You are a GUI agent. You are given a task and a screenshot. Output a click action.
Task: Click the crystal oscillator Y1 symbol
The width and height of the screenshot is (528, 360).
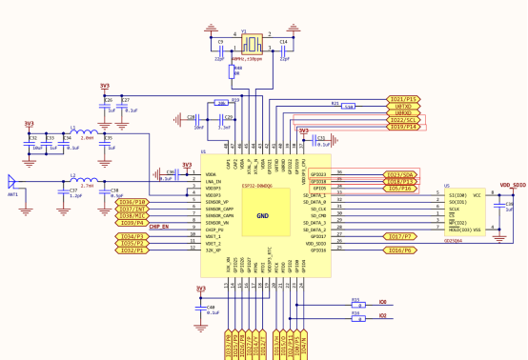tap(254, 42)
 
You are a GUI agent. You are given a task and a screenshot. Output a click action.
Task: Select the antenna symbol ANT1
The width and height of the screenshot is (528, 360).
tap(11, 181)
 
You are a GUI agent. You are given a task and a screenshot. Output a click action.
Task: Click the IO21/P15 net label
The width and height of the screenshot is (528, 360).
tap(403, 99)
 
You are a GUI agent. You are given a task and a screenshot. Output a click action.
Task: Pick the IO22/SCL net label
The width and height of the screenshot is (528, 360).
tap(403, 119)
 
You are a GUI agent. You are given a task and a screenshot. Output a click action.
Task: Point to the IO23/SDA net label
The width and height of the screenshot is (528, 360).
tap(400, 175)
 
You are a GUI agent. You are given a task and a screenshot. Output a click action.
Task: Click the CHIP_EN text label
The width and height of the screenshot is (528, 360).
tap(158, 227)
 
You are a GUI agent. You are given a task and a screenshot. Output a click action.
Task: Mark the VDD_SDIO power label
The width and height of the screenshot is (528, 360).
tap(511, 185)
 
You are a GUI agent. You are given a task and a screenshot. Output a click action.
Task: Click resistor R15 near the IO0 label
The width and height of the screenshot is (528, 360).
tap(356, 302)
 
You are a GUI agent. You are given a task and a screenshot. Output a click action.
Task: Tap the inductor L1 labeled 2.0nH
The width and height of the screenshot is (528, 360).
tap(86, 132)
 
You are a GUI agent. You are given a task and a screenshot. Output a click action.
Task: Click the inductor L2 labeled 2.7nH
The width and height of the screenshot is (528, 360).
tap(86, 180)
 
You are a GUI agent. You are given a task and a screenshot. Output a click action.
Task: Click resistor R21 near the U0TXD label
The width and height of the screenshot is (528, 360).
tap(348, 106)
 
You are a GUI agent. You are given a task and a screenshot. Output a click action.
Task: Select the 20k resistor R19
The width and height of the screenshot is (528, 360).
tap(221, 102)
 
